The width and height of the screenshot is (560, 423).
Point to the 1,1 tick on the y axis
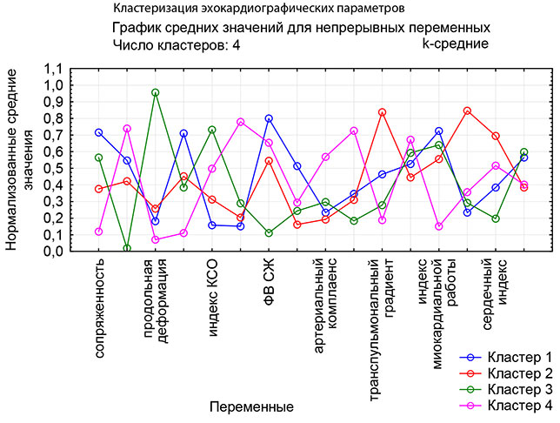[x=54, y=70]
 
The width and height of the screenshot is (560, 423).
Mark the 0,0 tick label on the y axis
[x=54, y=252]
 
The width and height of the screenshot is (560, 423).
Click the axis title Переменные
[x=251, y=406]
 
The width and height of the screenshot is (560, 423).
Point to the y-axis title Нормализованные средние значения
[x=23, y=161]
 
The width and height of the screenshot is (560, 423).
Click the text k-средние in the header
[x=455, y=44]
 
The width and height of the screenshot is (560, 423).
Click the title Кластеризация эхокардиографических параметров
[x=258, y=10]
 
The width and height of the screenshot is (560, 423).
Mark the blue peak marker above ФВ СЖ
[x=269, y=118]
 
